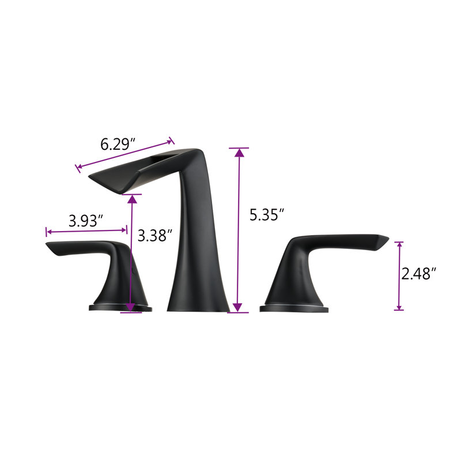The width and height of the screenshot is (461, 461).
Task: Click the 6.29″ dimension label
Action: (x=118, y=144)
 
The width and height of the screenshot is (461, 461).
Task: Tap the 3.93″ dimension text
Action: (x=86, y=221)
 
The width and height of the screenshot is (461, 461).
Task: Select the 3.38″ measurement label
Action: (x=155, y=235)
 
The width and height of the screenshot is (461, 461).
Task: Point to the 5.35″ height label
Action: (x=267, y=214)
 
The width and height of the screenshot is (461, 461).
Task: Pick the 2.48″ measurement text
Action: (x=418, y=274)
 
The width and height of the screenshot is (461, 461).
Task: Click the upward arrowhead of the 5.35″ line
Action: (x=240, y=153)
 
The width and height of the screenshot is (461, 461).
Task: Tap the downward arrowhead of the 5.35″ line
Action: (x=237, y=307)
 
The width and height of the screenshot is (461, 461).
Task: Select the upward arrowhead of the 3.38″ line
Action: (x=133, y=199)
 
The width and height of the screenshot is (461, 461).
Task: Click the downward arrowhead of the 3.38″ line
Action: (x=130, y=307)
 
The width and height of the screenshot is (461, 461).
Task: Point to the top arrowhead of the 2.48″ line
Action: (x=399, y=244)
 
